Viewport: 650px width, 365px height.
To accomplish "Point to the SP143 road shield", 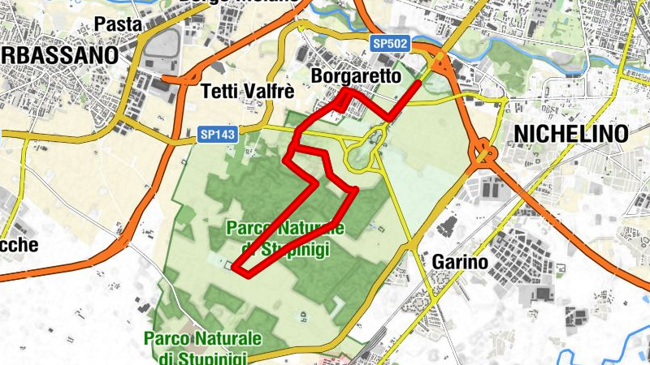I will point(219,135).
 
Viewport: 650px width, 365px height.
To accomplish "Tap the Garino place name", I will point(460,263).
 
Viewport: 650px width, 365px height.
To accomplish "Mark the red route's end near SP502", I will point(418,83).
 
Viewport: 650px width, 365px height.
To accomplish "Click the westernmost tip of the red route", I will point(235,265).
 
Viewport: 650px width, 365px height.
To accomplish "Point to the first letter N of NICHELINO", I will point(518,134).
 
